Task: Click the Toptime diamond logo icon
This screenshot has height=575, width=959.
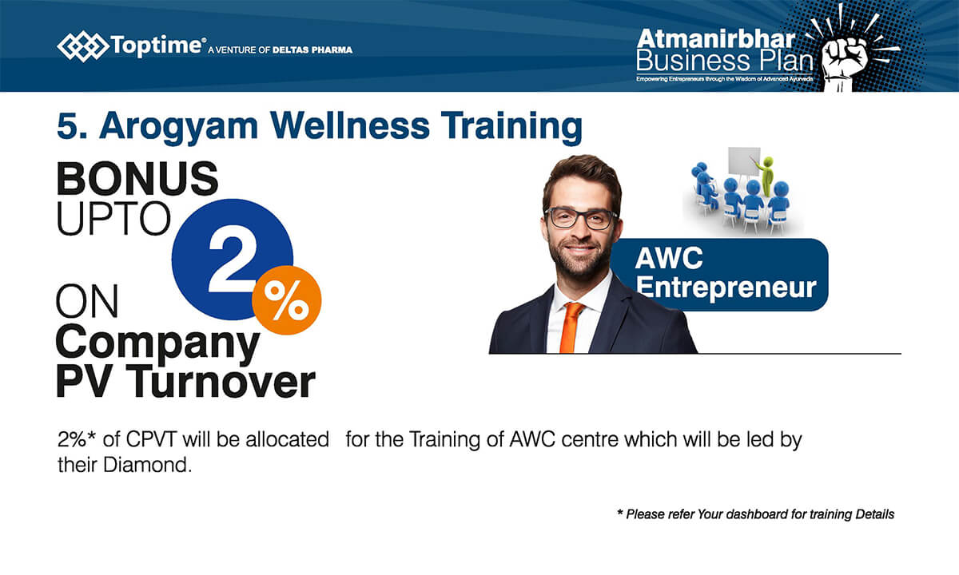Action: (x=83, y=46)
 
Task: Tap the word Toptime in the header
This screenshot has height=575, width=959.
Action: (x=156, y=46)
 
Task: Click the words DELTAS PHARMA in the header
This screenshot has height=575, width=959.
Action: (x=312, y=50)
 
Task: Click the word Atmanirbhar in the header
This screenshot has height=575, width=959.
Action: (x=716, y=39)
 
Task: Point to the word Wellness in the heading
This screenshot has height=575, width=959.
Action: (x=349, y=126)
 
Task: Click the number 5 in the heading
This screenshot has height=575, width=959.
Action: (x=68, y=126)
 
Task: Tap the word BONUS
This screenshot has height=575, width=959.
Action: (x=137, y=178)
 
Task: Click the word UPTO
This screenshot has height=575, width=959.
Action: (x=113, y=219)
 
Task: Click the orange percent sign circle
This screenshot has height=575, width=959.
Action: (x=286, y=300)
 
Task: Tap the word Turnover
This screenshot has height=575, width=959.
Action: (x=221, y=382)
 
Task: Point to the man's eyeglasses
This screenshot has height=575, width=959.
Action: (x=581, y=218)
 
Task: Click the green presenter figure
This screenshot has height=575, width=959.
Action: (x=766, y=176)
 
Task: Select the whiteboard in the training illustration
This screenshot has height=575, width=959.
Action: (x=744, y=161)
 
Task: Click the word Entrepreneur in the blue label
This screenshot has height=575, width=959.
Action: (x=726, y=287)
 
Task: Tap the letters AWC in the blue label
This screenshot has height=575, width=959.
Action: (x=669, y=259)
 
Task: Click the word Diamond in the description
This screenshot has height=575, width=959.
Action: (x=147, y=465)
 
